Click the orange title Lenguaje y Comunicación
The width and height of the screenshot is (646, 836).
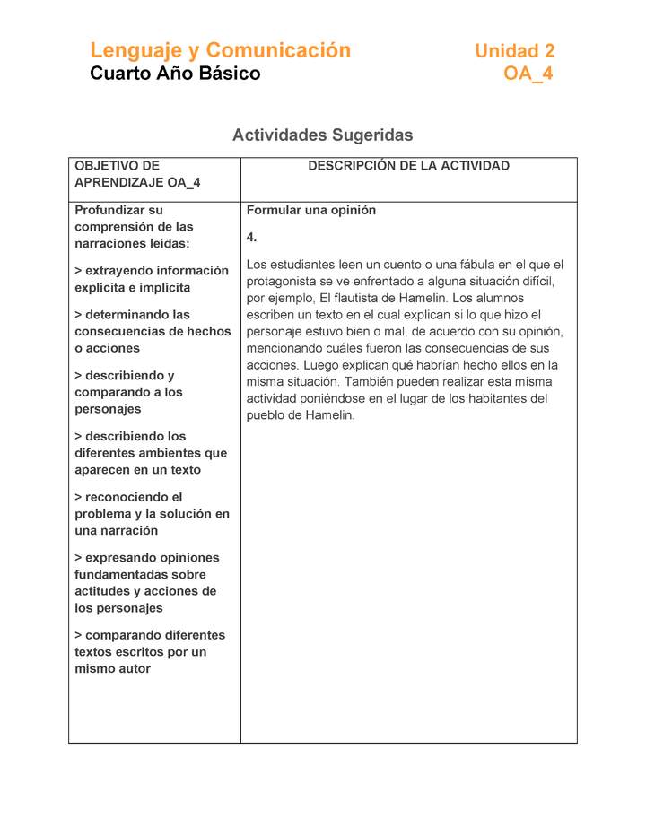220,50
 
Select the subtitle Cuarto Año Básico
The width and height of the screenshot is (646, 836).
175,74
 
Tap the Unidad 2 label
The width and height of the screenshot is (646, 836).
514,51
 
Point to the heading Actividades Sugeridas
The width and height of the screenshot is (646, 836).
322,135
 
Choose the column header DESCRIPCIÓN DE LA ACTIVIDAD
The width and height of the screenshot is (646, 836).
408,166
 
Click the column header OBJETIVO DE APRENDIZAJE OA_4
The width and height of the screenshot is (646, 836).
137,174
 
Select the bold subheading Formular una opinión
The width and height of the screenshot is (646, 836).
311,211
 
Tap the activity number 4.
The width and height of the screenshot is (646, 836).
252,238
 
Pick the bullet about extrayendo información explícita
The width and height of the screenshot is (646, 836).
152,279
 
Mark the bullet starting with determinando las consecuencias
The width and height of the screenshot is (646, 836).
153,332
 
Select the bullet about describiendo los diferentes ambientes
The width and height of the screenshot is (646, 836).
151,453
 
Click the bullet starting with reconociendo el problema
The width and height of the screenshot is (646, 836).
152,514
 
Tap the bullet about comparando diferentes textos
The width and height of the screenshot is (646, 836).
150,652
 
